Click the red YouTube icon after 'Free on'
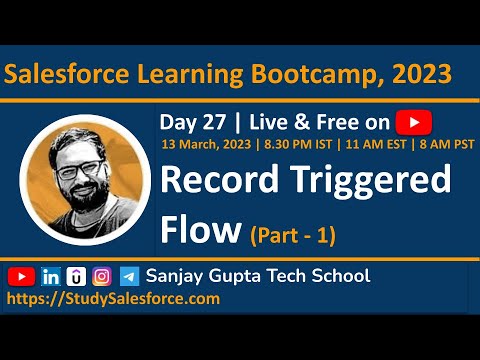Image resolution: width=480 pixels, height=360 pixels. coord(412,123)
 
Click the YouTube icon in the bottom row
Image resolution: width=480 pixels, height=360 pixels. coord(21,276)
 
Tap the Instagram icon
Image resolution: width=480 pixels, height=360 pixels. coord(102,276)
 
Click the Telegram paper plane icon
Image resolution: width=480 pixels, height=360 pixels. coord(129,276)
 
